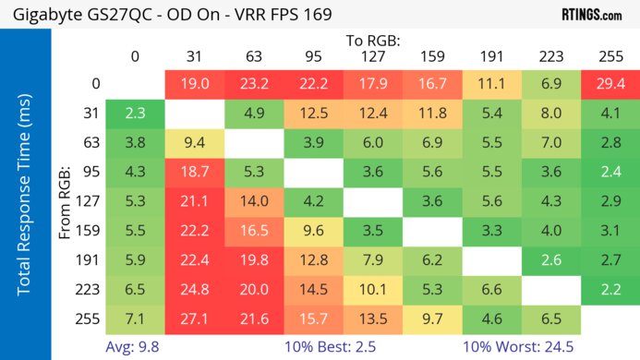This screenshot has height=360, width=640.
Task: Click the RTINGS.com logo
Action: click(x=591, y=15)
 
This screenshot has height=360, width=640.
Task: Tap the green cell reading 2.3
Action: click(x=135, y=114)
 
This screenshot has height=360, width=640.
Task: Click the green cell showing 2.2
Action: click(x=609, y=289)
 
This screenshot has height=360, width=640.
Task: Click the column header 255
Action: click(x=609, y=56)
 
